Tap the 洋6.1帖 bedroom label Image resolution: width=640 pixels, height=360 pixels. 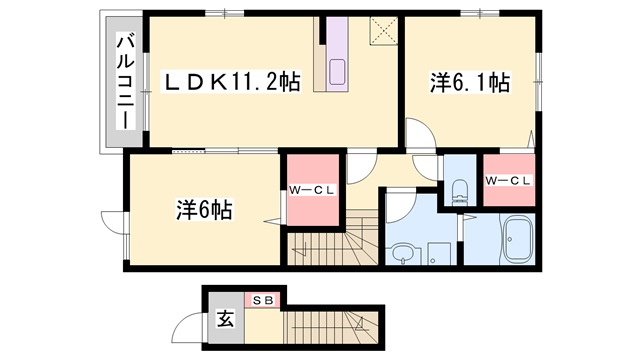click(x=470, y=84)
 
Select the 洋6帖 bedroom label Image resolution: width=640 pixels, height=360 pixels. click(x=205, y=210)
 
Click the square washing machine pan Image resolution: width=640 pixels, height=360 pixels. click(x=437, y=250)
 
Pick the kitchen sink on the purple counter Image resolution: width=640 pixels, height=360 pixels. click(x=336, y=72)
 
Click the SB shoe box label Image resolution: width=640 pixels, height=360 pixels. click(x=262, y=299)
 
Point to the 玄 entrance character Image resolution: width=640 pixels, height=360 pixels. click(x=226, y=321)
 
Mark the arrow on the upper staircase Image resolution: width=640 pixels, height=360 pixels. click(x=357, y=241)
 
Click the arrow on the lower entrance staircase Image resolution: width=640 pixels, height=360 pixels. click(x=355, y=322)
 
